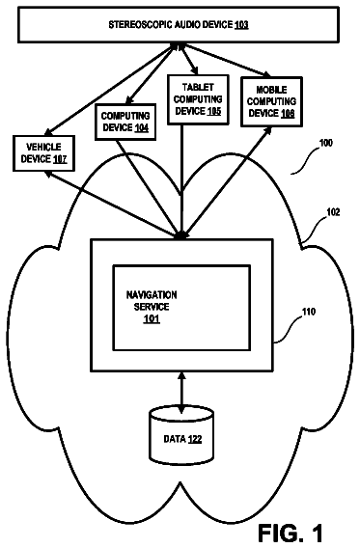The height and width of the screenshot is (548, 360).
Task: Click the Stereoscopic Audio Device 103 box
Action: point(179,24)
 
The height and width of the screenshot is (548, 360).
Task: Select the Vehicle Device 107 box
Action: point(43,153)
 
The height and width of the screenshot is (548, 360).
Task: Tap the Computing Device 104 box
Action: point(125,122)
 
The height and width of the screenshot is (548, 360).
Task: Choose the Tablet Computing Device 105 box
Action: point(198,99)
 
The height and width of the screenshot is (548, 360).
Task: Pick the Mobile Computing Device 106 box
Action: point(271,101)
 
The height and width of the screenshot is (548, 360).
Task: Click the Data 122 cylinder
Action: point(181,435)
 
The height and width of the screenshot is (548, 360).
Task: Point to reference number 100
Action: point(326,143)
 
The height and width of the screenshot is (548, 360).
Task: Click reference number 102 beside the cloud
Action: point(333,212)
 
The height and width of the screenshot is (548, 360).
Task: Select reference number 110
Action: point(308,312)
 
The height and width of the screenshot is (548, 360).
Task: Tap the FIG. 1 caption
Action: point(291,534)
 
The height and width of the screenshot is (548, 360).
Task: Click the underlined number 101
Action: point(152,318)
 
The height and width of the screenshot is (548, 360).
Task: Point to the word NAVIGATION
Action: point(152,295)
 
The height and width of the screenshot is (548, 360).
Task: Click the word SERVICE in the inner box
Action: point(152,307)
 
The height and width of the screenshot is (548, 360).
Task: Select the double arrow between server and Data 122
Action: point(181,392)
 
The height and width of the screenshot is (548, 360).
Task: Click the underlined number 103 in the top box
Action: point(241,25)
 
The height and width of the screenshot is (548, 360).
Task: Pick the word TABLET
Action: point(198,87)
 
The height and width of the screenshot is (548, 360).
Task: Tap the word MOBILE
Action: point(271,90)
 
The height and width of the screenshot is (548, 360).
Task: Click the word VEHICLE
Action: point(43,148)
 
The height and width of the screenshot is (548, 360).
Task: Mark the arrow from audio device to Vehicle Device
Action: point(109,90)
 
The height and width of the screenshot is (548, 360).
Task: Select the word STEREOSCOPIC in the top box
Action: point(141,25)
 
